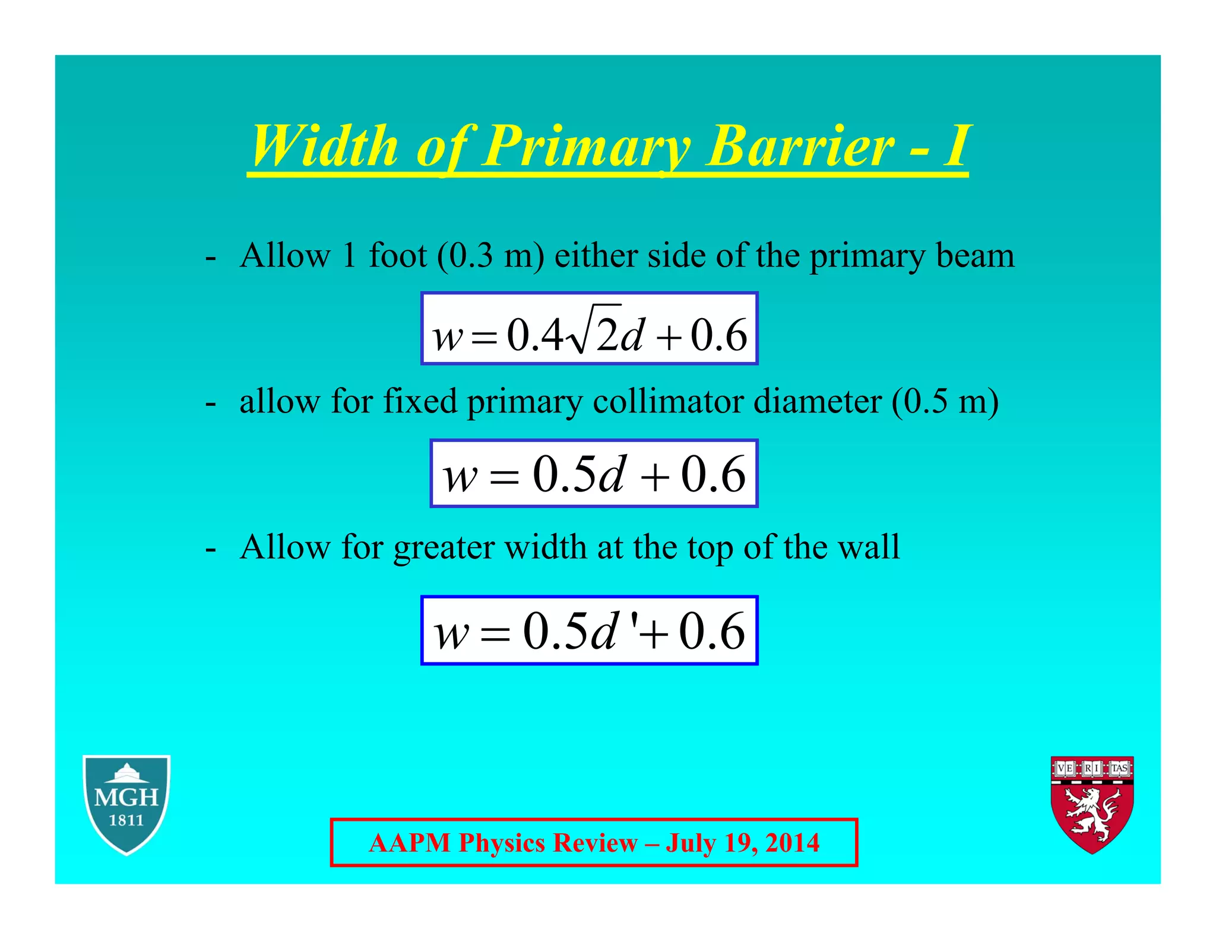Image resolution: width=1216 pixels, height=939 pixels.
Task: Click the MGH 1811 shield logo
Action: [126, 804]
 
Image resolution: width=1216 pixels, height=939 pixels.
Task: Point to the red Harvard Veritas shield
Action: [1092, 804]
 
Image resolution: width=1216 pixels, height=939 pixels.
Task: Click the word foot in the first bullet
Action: [397, 256]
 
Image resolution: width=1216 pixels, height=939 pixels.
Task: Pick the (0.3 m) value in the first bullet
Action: [490, 256]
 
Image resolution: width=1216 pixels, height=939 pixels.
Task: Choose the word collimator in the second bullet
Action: [667, 401]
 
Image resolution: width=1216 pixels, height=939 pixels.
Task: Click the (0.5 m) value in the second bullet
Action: [945, 401]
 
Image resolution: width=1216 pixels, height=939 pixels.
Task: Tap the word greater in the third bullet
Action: [444, 547]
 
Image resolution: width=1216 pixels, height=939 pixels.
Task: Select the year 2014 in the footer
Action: [792, 843]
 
